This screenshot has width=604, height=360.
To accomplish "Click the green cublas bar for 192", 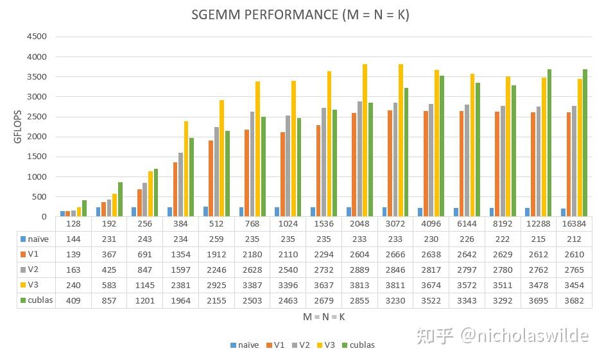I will point(120,200).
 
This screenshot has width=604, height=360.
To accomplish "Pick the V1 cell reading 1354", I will point(180,254).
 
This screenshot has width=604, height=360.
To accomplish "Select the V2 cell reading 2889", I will point(359,269).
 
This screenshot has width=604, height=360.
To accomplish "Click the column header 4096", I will point(431,224).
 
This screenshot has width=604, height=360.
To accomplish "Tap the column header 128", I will point(73,224).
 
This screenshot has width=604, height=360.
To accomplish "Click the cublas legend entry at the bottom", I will point(359,345).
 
